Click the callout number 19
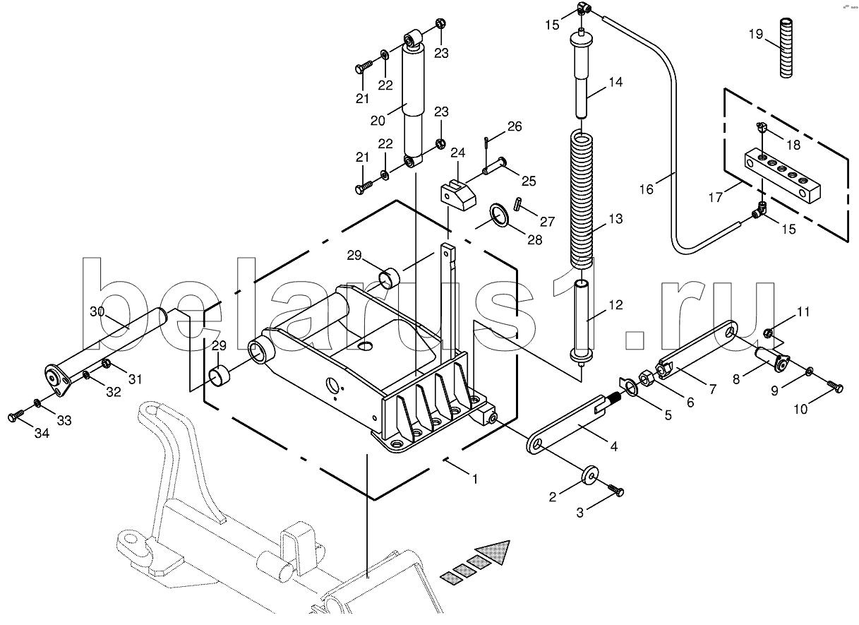[x=756, y=35]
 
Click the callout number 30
[x=97, y=311]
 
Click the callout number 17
[x=715, y=197]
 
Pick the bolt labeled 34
[x=16, y=417]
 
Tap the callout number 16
[x=646, y=189]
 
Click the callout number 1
[x=475, y=479]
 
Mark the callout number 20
[x=378, y=121]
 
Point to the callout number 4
[x=614, y=446]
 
